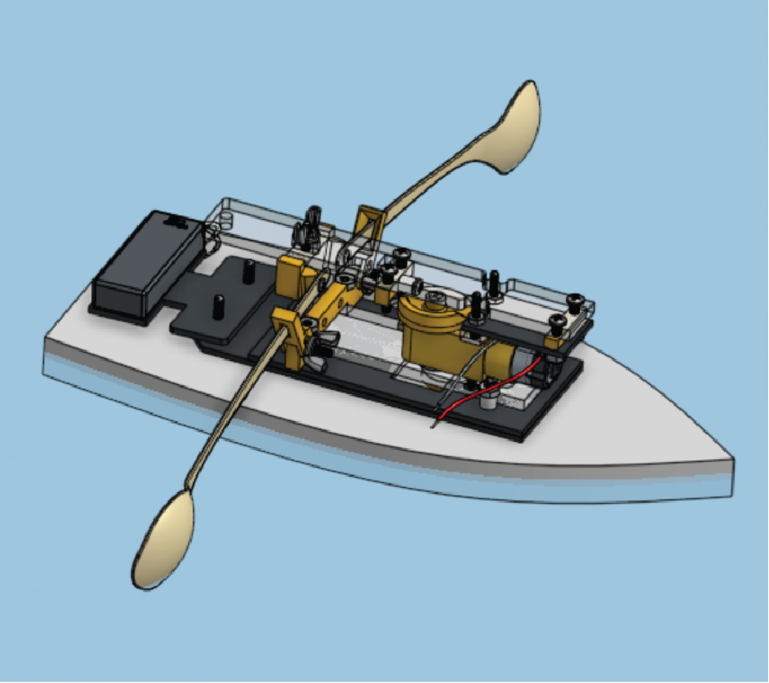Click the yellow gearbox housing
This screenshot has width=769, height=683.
pyautogui.click(x=433, y=334)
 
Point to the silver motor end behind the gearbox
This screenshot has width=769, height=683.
pyautogui.click(x=521, y=361)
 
